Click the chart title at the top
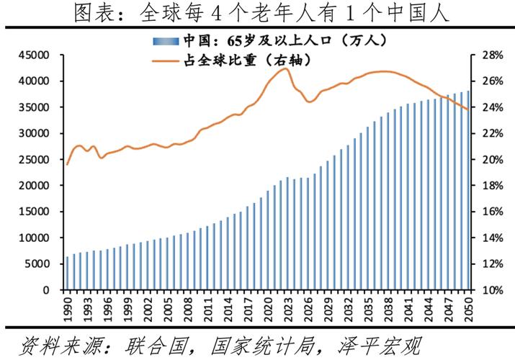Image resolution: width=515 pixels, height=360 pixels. [x=256, y=13]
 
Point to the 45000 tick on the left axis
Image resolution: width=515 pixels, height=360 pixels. [x=34, y=55]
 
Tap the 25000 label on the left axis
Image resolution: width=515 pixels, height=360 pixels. [x=34, y=159]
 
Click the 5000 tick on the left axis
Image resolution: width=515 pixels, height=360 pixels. [x=37, y=264]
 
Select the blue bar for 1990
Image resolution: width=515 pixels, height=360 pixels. [x=68, y=273]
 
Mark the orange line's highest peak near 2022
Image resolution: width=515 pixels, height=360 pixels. [x=285, y=68]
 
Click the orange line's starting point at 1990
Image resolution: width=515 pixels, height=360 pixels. [x=68, y=164]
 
